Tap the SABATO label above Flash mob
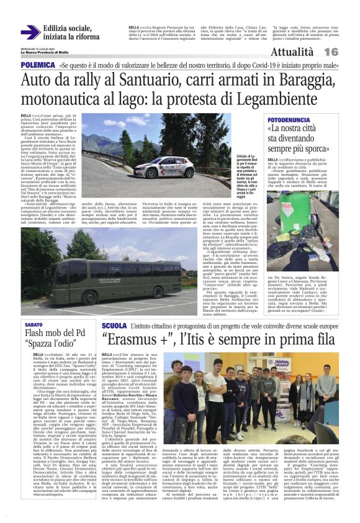tap(33, 325)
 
